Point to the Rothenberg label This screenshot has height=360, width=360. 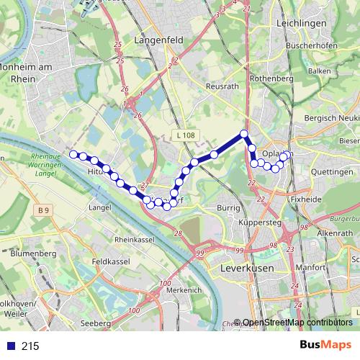[x=270, y=78]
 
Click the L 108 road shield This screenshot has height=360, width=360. [x=185, y=135]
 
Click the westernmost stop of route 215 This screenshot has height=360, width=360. [x=73, y=153]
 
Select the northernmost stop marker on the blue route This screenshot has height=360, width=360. [x=244, y=133]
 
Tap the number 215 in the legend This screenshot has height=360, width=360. [x=30, y=346]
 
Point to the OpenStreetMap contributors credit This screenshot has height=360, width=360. [x=298, y=323]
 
